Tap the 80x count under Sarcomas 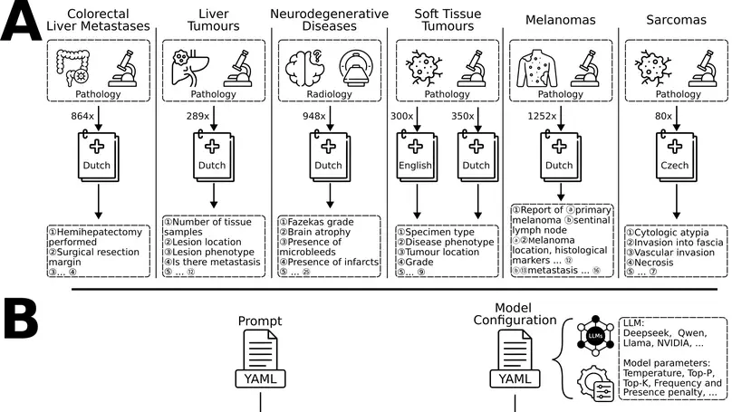point(662,117)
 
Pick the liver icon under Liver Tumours point(185,64)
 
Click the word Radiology point(328,93)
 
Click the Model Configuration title point(513,314)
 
